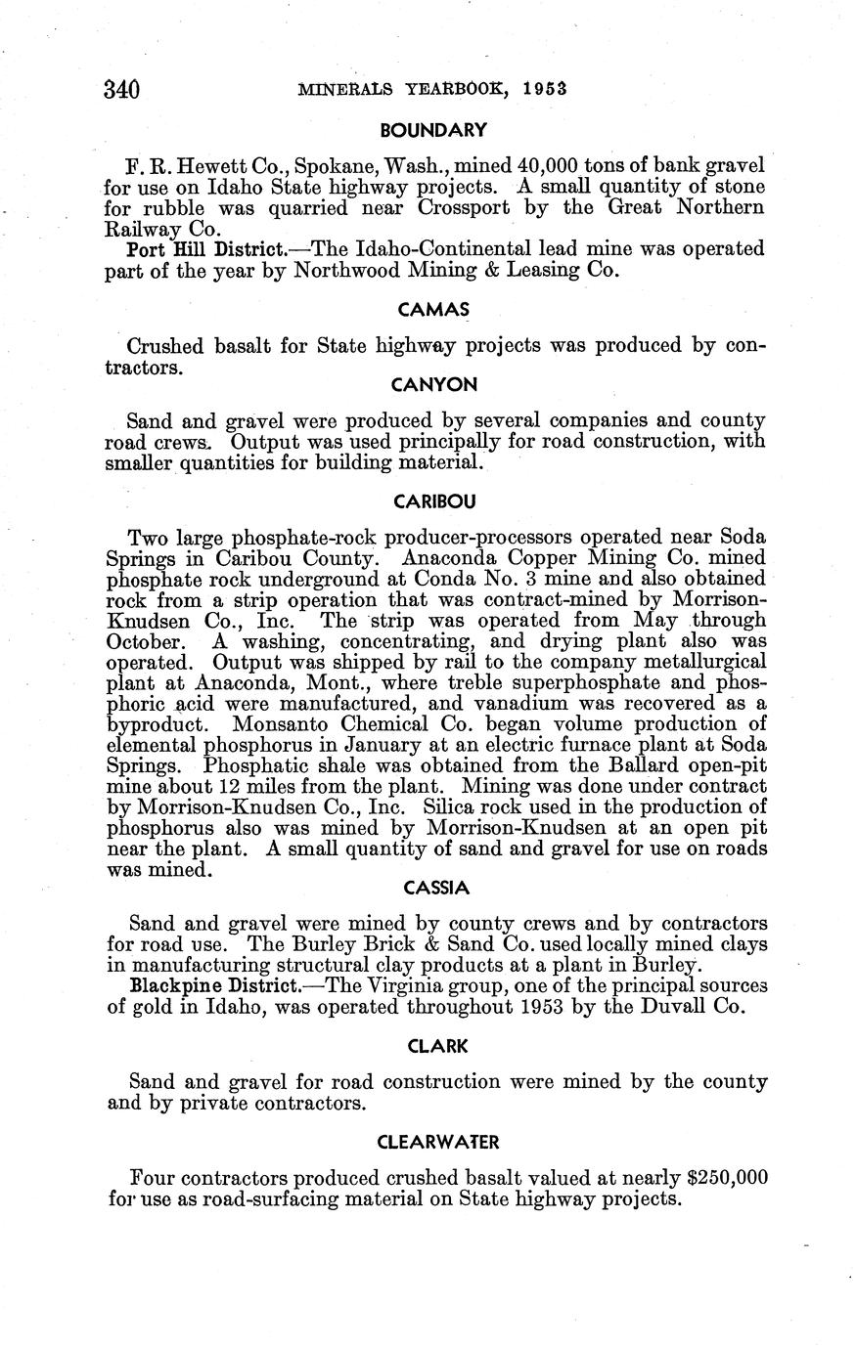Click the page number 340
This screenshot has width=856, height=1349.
point(122,90)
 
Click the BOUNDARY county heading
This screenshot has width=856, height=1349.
point(433,129)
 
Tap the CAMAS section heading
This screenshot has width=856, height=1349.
point(434,311)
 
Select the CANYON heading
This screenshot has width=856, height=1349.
point(434,385)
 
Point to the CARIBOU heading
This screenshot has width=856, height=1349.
point(434,501)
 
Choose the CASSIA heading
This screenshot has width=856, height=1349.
point(436,888)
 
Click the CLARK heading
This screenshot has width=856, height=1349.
point(435,1046)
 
